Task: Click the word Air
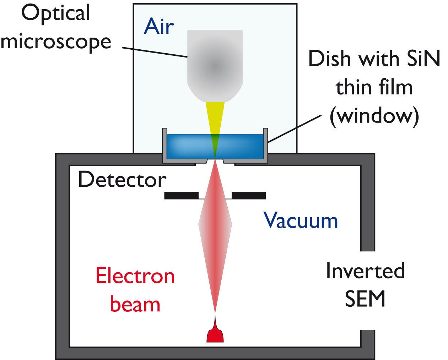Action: coord(159,26)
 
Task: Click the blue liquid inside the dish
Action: coord(188,146)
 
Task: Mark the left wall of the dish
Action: coord(164,142)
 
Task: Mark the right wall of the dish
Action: coord(265,142)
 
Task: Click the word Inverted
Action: coord(365,271)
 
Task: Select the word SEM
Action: coord(365,299)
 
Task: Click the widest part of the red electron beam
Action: coord(215,224)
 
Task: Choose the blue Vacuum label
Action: coord(300,224)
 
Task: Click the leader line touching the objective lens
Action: coord(160,53)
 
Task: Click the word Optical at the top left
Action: coord(55,14)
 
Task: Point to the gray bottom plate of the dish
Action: coord(215,161)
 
